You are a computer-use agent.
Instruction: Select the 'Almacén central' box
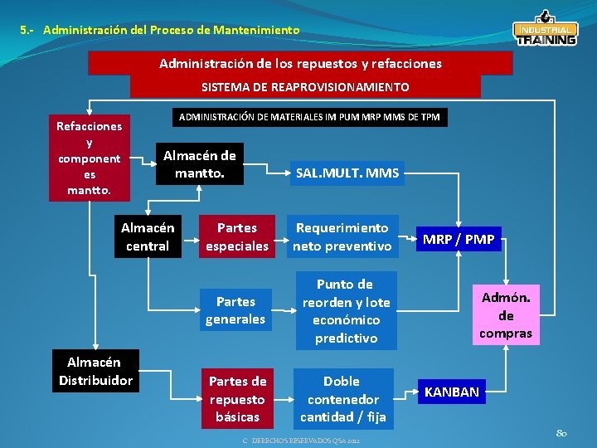148,236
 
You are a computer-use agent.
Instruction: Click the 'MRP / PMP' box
459,240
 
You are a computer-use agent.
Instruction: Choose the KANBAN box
452,392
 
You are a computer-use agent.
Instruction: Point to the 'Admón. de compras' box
506,315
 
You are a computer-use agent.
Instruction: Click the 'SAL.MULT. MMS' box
347,173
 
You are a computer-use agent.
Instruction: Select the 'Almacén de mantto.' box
199,164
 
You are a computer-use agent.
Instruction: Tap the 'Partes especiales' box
237,236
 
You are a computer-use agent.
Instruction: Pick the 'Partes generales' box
235,309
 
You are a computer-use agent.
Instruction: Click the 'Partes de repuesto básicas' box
237,399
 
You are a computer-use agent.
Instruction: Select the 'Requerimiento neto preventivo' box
342,236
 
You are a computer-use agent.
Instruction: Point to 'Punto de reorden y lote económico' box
346,311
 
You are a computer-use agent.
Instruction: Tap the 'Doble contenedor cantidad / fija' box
342,399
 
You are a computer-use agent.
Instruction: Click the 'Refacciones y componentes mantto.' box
89,158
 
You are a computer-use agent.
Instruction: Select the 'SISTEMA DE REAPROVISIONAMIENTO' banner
305,87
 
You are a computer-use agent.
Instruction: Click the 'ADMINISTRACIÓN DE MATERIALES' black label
309,117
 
